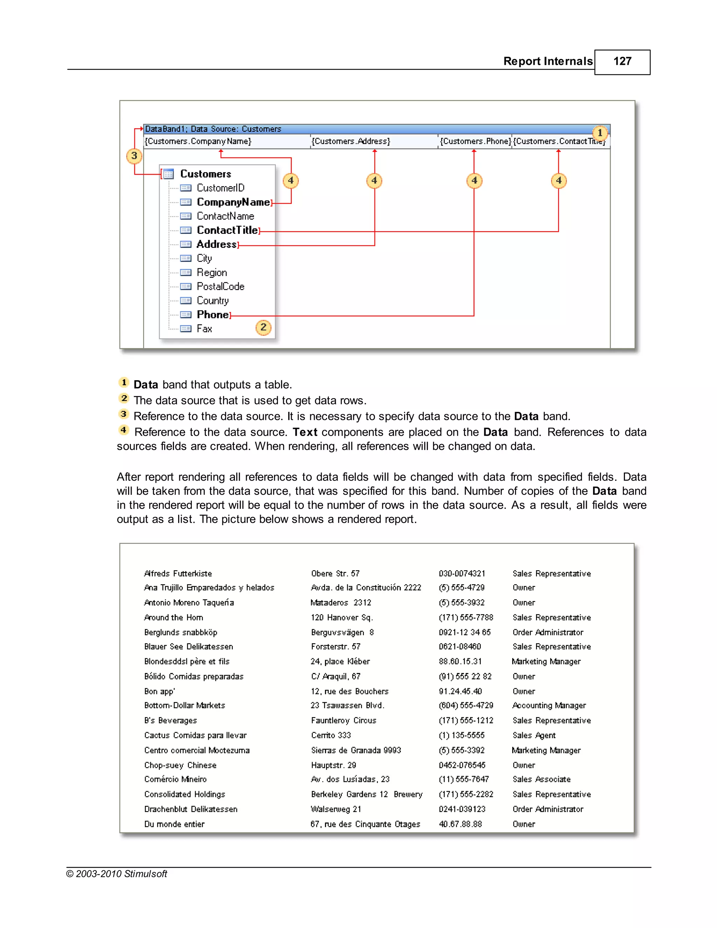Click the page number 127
(x=622, y=62)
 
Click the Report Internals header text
(x=548, y=62)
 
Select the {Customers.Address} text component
(x=350, y=141)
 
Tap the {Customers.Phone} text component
(x=475, y=141)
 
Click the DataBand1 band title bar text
(x=213, y=129)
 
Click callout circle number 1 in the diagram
(x=600, y=133)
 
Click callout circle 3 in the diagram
(x=134, y=156)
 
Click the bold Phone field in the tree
(x=213, y=315)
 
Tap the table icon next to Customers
(x=169, y=174)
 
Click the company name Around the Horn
(x=173, y=617)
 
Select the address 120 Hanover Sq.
(x=341, y=617)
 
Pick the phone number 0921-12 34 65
(x=464, y=632)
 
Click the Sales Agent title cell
(x=534, y=735)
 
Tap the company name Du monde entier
(x=174, y=824)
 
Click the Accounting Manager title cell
(x=549, y=706)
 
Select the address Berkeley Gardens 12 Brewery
(x=366, y=795)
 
